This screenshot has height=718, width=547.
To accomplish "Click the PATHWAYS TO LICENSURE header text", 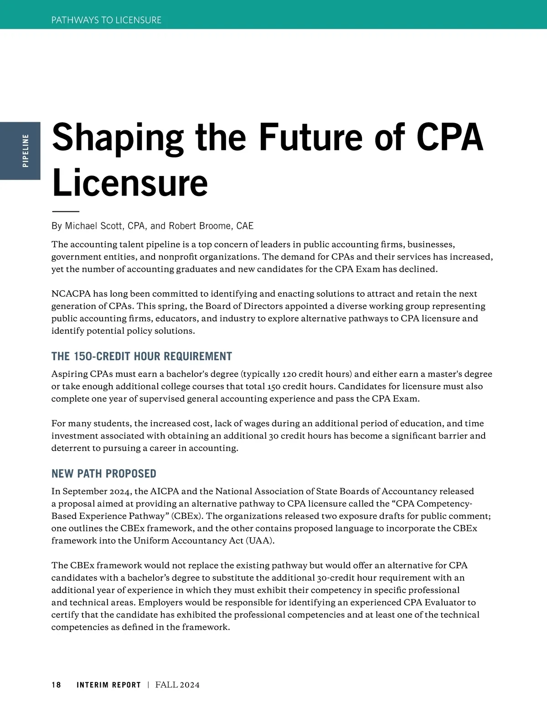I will click(106, 20).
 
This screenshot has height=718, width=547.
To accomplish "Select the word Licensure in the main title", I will click(130, 182).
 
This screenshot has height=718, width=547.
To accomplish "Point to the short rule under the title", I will click(66, 212).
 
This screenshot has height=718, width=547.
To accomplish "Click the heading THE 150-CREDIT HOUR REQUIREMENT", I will click(142, 356).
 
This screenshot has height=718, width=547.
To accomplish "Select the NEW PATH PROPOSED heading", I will click(104, 474).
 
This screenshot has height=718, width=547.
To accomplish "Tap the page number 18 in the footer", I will click(56, 685).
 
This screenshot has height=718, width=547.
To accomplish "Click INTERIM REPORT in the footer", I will click(109, 685).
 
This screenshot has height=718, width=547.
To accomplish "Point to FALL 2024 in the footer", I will click(177, 685).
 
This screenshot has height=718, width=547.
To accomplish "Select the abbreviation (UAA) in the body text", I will click(260, 541).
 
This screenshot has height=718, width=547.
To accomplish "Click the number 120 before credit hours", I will click(289, 374).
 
